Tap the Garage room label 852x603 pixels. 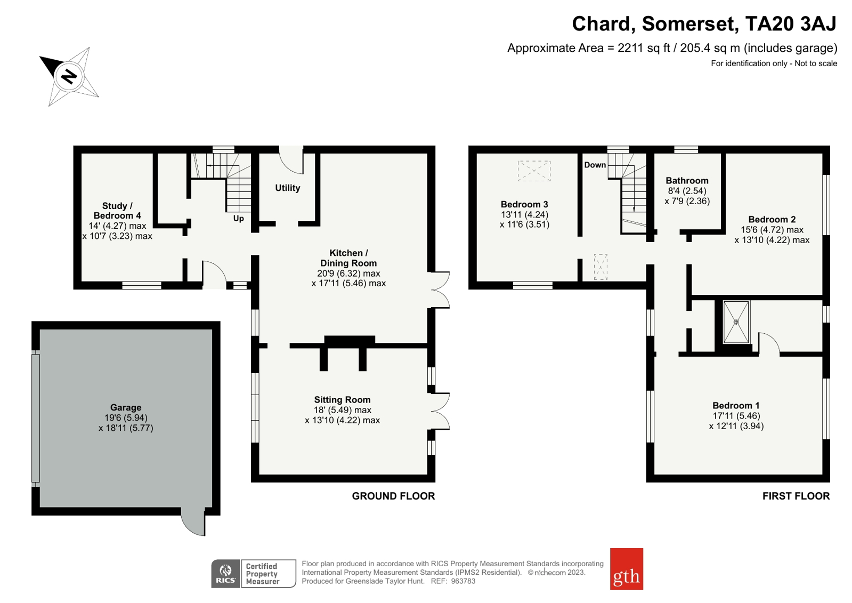(x=126, y=407)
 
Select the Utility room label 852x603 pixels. (x=287, y=188)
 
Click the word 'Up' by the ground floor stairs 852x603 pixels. (x=238, y=219)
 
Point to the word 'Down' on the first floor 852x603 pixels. (x=595, y=165)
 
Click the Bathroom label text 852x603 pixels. (x=687, y=181)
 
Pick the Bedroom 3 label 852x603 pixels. (x=524, y=204)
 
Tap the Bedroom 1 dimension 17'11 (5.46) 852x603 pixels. (x=736, y=416)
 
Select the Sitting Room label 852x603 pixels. (x=342, y=400)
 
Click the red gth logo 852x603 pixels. (x=626, y=569)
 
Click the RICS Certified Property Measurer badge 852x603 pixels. (x=254, y=574)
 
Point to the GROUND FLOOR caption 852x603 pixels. (x=393, y=496)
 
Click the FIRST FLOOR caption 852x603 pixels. (x=796, y=496)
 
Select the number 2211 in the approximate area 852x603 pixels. (x=630, y=48)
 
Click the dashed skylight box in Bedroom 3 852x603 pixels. (x=534, y=171)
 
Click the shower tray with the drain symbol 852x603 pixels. (x=736, y=322)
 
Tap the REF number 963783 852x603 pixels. (x=462, y=581)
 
